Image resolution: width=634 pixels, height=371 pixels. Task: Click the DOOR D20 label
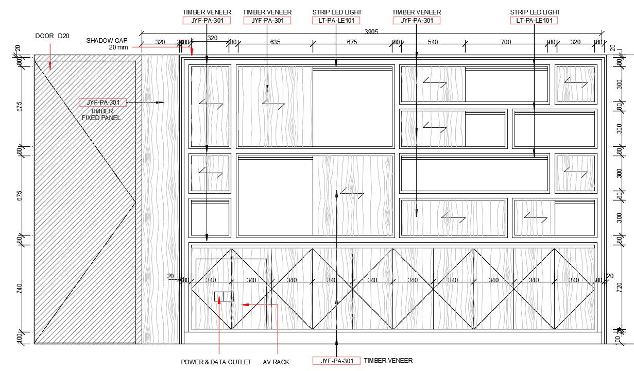coord(52,36)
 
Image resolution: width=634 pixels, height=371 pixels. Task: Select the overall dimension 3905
coord(371,31)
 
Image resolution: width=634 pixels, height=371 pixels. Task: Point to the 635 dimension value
coord(275,42)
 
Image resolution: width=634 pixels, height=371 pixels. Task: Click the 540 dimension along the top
coord(433,42)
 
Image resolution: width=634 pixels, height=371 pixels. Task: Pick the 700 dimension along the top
coord(506,42)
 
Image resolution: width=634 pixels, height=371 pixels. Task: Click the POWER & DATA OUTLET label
coord(216,362)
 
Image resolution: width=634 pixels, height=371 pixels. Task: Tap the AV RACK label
coord(276,362)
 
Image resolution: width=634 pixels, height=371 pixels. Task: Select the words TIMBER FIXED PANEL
coord(101,114)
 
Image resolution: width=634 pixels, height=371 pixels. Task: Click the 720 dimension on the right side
coord(620,287)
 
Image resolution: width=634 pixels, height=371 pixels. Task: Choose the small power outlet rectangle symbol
coord(224,296)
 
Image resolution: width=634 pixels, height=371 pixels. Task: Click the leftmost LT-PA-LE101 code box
coord(336,21)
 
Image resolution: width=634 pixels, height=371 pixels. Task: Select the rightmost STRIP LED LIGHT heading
coord(535,12)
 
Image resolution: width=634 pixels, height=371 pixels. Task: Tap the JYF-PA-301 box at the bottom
coord(336,361)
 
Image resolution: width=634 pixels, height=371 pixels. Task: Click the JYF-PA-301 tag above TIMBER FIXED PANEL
coord(102,102)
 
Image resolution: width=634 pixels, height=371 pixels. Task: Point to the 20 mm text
coord(118,47)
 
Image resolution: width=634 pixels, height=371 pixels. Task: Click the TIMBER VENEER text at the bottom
coord(388,361)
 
